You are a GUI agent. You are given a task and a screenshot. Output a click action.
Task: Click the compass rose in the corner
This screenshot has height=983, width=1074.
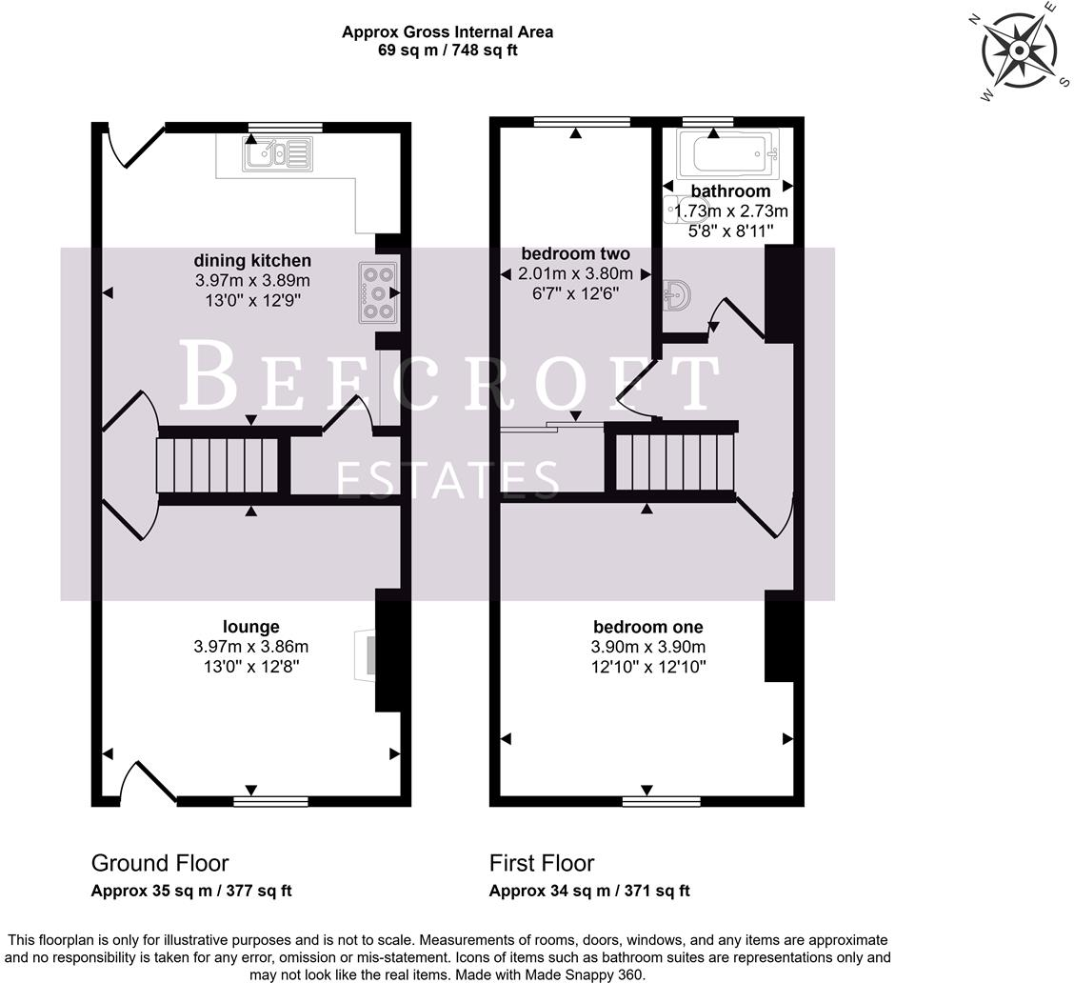pos(1019,51)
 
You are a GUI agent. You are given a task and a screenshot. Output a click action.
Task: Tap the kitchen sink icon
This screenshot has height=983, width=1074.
pos(277,153)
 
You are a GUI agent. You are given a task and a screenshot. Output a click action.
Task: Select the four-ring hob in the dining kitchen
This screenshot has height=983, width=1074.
pos(376,291)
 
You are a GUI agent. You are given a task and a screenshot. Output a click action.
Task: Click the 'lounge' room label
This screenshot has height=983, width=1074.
pos(250,626)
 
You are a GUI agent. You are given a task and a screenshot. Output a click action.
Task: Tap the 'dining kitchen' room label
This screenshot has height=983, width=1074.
pos(252,260)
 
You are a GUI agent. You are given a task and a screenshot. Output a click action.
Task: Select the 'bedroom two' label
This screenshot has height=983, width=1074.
pos(575,253)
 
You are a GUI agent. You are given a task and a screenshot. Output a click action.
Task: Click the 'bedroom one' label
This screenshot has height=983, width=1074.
pos(647,626)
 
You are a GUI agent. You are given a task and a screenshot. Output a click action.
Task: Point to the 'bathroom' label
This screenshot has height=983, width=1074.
pos(730,191)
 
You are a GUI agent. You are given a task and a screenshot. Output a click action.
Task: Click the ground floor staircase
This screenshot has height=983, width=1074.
pos(218,464)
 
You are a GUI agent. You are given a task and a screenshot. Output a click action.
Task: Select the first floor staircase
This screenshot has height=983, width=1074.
pos(674,461)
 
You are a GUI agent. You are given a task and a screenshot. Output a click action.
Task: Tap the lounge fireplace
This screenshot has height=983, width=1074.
pos(366,655)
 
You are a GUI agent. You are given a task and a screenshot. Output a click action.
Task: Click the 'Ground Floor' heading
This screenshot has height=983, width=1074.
pos(160,863)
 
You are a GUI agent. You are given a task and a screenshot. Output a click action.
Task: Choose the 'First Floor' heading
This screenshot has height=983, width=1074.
pos(541,863)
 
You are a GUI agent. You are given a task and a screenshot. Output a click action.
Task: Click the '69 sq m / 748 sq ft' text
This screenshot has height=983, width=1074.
pos(447,50)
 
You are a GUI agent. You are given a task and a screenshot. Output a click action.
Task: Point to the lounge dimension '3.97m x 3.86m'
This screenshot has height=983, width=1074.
pos(250,647)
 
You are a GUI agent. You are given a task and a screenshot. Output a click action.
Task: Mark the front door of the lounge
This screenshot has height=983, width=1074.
pos(148,783)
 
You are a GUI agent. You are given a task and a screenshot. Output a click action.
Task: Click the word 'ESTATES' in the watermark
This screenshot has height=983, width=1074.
pos(448,480)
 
